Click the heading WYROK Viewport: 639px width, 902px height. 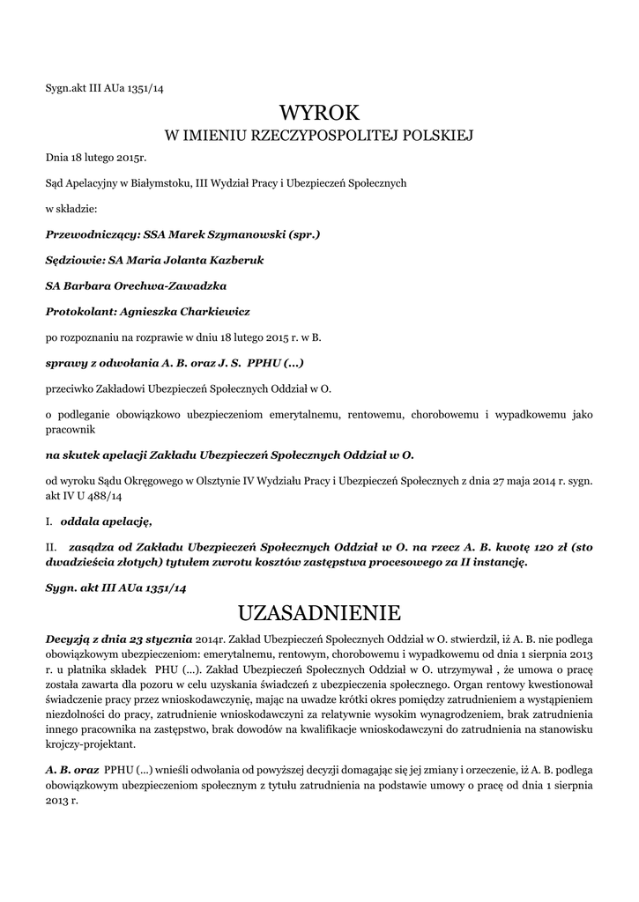[x=319, y=113]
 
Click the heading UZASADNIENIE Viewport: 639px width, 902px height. [x=319, y=611]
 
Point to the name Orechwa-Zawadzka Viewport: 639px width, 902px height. [x=172, y=286]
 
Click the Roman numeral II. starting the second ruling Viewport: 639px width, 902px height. [x=52, y=546]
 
